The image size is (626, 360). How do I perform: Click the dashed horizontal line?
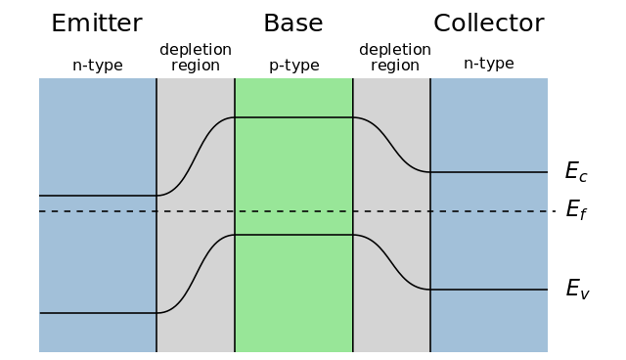pos(293,211)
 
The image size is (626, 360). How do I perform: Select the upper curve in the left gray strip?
pos(196,157)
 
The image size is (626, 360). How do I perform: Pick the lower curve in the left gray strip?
pos(196,274)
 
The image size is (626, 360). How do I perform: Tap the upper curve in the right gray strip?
pos(391,145)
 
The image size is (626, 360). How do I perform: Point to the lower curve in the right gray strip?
pos(391,262)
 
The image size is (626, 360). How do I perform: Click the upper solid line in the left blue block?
pos(98,196)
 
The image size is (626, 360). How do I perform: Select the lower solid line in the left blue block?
pos(98,313)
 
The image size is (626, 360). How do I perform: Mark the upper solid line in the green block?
pos(293,117)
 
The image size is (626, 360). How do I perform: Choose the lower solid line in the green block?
pos(293,235)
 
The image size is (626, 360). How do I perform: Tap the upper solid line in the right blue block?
pos(489,172)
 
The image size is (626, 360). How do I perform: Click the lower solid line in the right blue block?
pos(489,290)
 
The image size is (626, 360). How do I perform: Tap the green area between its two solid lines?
pos(293,176)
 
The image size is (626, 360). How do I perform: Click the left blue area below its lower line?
pos(98,334)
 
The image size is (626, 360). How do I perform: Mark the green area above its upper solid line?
pos(293,97)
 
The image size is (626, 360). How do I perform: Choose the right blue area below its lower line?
pos(489,322)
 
